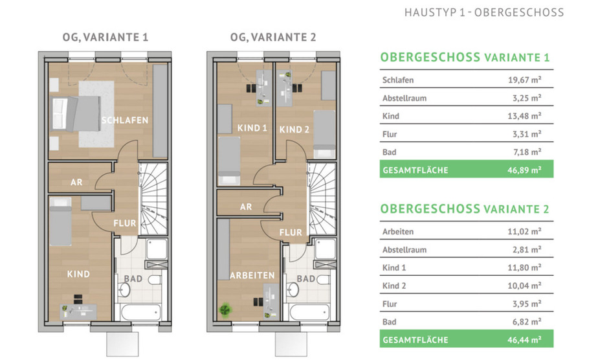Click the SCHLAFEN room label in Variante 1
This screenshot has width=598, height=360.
(x=125, y=120)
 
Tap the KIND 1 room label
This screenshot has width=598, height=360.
(x=252, y=128)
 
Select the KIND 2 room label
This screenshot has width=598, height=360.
(x=294, y=129)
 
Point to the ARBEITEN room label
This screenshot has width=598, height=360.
(x=252, y=275)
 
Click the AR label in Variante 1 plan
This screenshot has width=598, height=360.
(x=76, y=183)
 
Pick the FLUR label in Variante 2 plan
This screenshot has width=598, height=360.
(x=291, y=231)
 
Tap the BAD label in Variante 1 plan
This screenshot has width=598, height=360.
(x=134, y=279)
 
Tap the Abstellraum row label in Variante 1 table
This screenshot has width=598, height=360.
(x=404, y=98)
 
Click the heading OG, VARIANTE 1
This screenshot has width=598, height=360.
(x=105, y=37)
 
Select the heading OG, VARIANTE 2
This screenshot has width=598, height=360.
(x=273, y=37)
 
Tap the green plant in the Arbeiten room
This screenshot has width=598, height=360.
(x=226, y=309)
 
